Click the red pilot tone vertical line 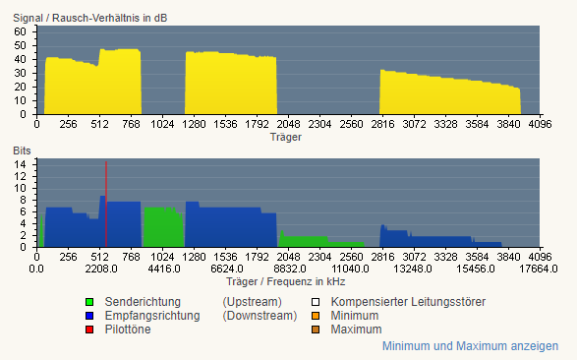coord(106,204)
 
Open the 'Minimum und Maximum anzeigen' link coord(470,346)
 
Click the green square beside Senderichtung coord(89,302)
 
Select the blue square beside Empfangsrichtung coord(89,316)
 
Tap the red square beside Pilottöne coord(89,330)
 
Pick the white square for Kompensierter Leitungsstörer coord(315,302)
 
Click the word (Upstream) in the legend coord(252,302)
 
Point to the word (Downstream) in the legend coord(260,316)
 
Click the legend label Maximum coord(356,330)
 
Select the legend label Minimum coord(355,316)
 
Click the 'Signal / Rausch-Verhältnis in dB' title coord(90,18)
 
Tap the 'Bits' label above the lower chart coord(22,150)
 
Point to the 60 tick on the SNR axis coord(21,31)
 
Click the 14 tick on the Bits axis coord(21,164)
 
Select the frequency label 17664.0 coord(539,270)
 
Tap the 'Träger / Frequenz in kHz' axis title coord(286,282)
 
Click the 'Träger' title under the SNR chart coord(286,137)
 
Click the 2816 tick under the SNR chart coord(382,124)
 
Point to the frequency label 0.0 coord(36,270)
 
